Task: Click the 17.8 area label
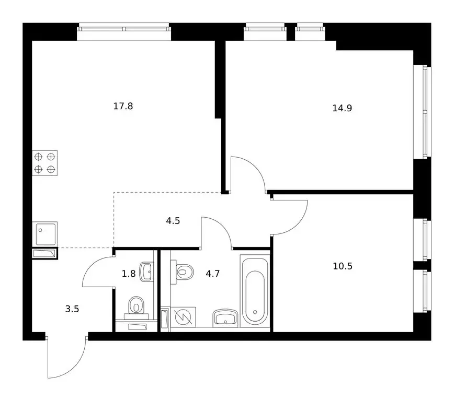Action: (123, 106)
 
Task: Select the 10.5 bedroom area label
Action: (343, 266)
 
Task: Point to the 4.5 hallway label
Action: (173, 220)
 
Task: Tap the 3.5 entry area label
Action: (72, 308)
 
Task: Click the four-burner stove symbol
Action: (45, 162)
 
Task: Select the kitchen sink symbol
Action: (45, 233)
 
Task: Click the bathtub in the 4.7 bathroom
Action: (255, 290)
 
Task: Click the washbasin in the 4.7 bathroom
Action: (226, 317)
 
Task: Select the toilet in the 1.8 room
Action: (136, 305)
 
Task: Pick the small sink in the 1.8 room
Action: (146, 270)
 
